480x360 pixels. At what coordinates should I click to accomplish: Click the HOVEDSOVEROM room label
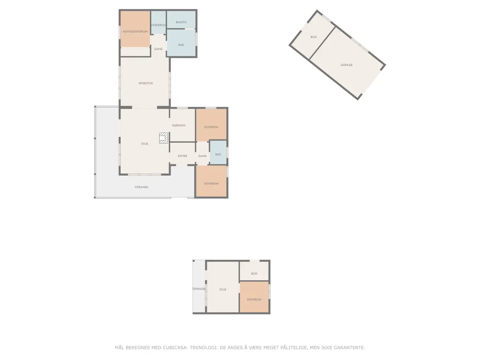[135, 32]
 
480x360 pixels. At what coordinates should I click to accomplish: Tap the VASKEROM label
[158, 25]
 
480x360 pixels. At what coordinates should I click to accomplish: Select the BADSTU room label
[181, 22]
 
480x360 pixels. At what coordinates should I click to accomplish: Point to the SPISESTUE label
[146, 83]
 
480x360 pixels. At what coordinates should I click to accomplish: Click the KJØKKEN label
[179, 125]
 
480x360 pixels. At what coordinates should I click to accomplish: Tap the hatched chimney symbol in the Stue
[163, 138]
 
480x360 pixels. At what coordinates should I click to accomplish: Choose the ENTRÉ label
[182, 156]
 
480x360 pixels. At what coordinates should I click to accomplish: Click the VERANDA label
[141, 187]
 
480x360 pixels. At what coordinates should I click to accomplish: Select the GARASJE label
[347, 65]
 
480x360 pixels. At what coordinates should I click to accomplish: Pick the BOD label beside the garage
[314, 37]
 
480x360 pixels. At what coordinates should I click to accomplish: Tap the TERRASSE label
[199, 289]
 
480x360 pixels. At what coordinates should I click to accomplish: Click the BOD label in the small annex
[254, 274]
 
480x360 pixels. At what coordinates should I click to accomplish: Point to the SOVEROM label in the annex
[254, 300]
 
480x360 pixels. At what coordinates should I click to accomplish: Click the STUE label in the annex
[222, 290]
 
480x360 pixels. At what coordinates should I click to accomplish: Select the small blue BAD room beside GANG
[218, 152]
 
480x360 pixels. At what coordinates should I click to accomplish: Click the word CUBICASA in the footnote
[175, 347]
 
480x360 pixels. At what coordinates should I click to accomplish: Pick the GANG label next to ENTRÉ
[203, 156]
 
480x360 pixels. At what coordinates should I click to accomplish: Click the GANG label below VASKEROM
[158, 49]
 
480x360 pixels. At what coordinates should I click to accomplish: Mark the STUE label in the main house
[144, 144]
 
